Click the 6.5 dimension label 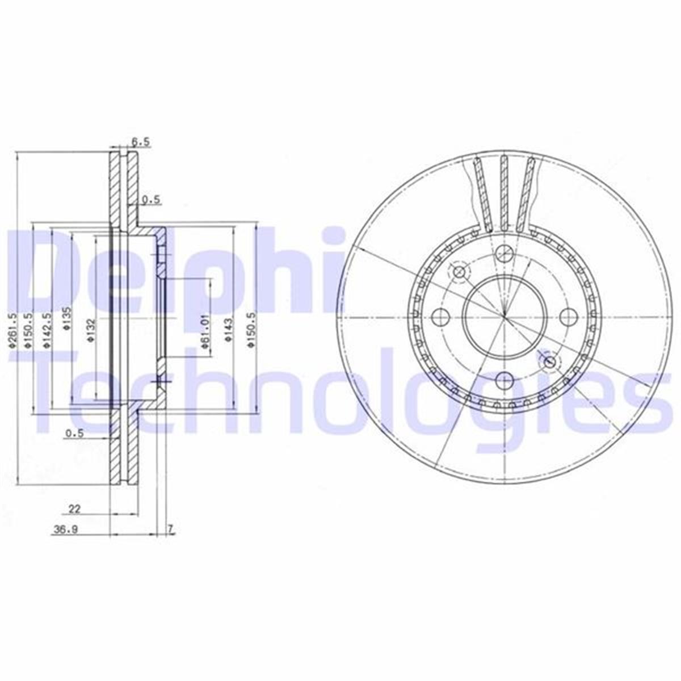pyautogui.click(x=141, y=143)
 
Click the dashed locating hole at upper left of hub pyautogui.click(x=460, y=272)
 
